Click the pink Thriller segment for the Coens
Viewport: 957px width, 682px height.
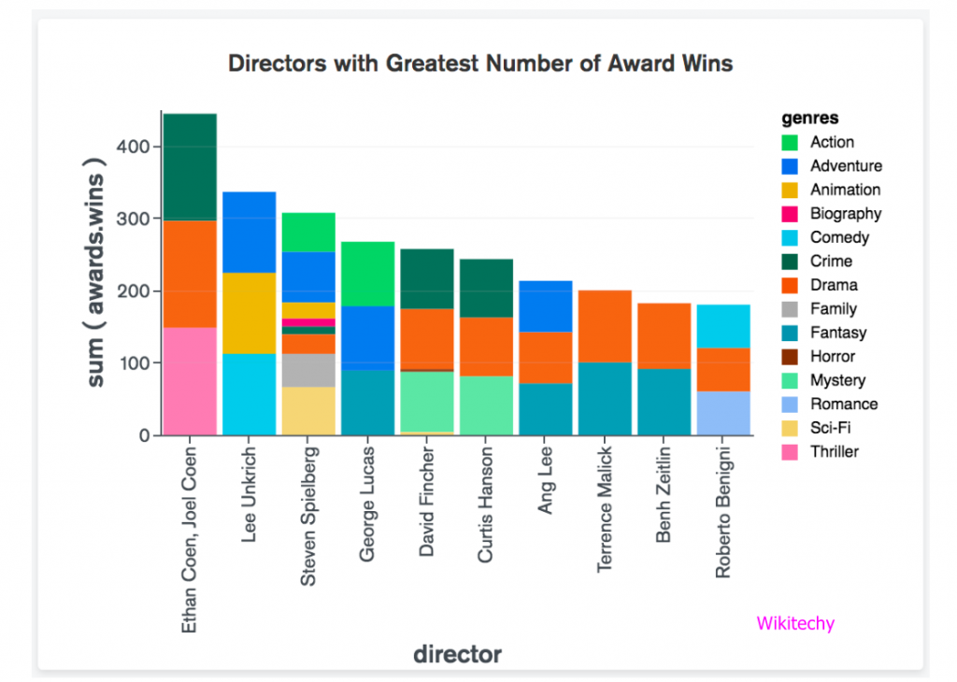point(190,381)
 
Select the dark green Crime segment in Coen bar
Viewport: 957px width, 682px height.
point(190,166)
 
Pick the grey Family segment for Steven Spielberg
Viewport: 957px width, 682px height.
point(308,370)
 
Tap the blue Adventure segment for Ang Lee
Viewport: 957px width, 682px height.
point(546,305)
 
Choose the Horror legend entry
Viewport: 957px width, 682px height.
point(831,356)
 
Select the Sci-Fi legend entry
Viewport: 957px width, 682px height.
point(830,428)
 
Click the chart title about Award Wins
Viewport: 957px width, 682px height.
point(480,64)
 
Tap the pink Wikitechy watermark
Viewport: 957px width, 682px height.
point(794,623)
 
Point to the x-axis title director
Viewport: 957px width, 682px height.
point(458,654)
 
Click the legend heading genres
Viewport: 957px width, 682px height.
point(809,119)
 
